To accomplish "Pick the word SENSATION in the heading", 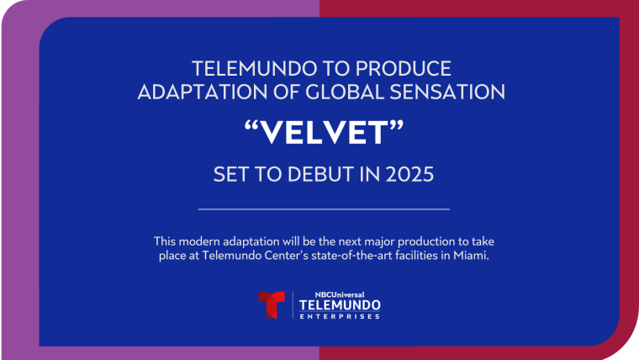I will tap(453, 91).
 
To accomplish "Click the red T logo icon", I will tap(272, 305).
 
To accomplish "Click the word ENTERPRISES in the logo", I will tap(340, 316).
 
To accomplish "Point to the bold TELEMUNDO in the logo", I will tap(340, 304).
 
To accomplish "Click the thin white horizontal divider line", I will tap(324, 208).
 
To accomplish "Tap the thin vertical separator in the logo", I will tap(292, 305).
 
